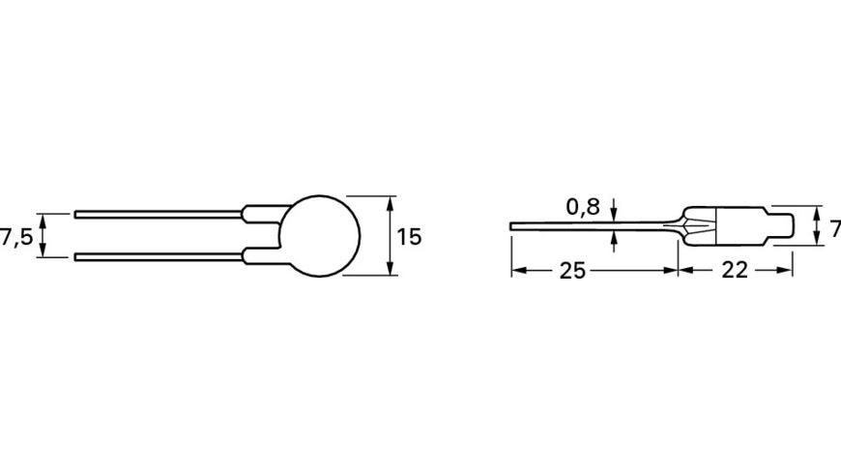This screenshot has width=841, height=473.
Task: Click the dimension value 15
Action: pyautogui.click(x=409, y=236)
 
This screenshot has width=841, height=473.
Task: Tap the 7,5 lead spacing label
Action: pyautogui.click(x=17, y=236)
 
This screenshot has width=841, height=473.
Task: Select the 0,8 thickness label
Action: pyautogui.click(x=583, y=206)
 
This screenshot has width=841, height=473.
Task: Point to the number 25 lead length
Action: pyautogui.click(x=572, y=271)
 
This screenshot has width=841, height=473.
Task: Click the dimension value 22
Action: pyautogui.click(x=735, y=271)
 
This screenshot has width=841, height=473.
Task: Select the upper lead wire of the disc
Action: pyautogui.click(x=155, y=215)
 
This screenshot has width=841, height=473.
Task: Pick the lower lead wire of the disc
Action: pyautogui.click(x=155, y=256)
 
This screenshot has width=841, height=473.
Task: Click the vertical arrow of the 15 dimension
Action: pyautogui.click(x=390, y=235)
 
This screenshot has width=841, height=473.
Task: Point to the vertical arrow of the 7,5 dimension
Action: pyautogui.click(x=43, y=235)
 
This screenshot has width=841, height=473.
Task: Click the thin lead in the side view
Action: pyautogui.click(x=590, y=227)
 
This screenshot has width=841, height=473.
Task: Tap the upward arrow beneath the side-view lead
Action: pyautogui.click(x=614, y=241)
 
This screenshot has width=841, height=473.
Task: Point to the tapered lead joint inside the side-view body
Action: pyautogui.click(x=698, y=227)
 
